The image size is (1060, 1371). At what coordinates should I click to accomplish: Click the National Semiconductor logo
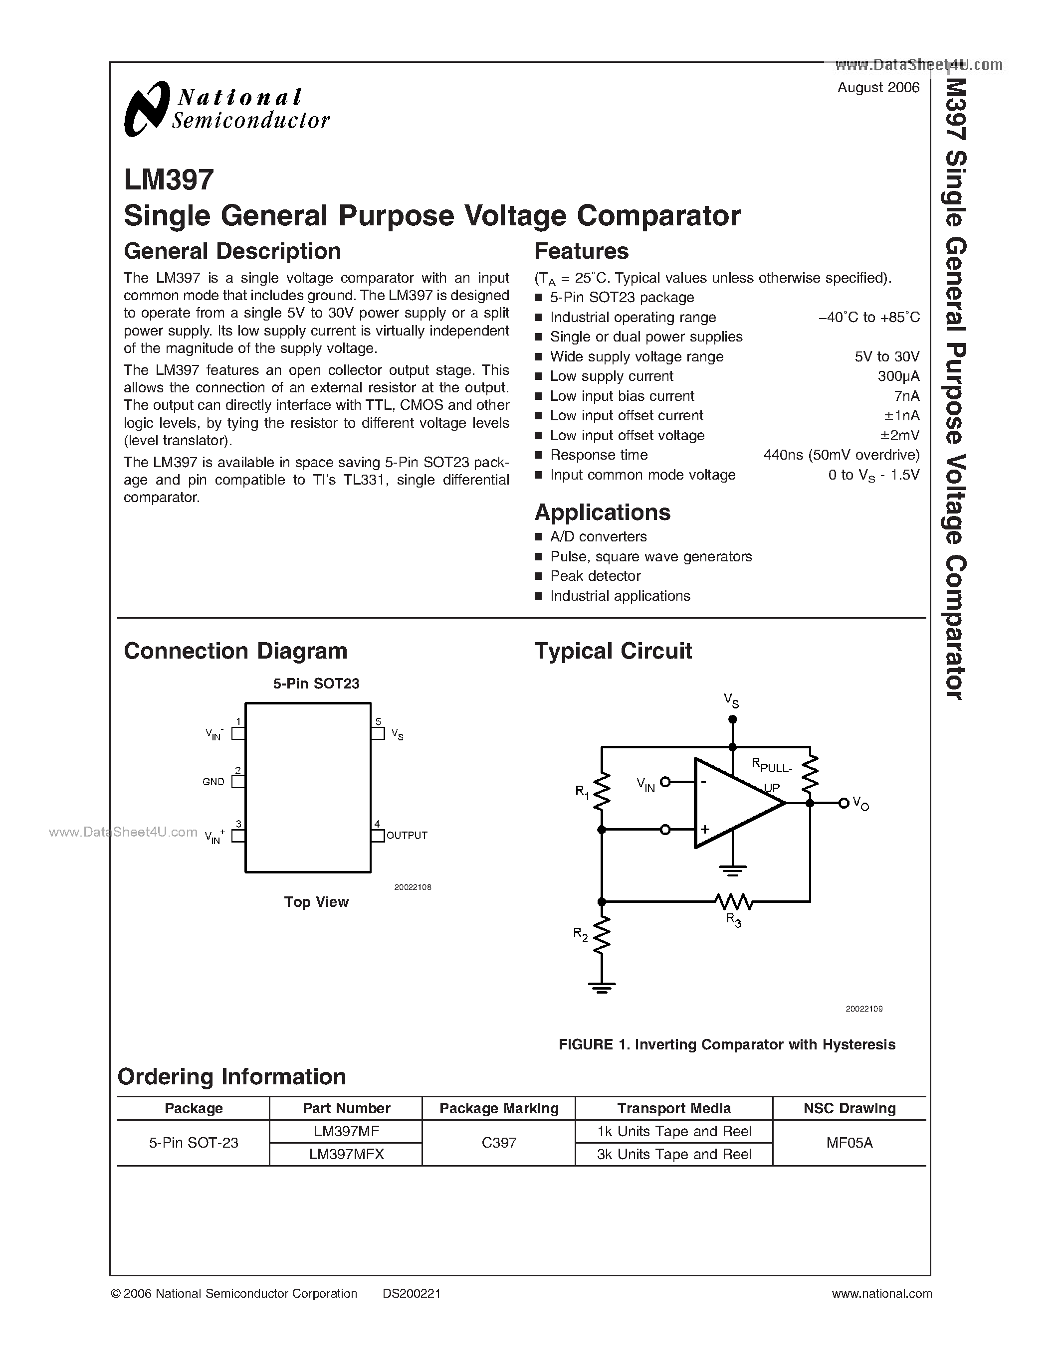click(226, 109)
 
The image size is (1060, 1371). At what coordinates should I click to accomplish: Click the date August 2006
click(878, 88)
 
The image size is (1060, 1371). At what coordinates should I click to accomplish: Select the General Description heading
click(232, 251)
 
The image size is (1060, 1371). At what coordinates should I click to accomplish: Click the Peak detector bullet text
click(595, 576)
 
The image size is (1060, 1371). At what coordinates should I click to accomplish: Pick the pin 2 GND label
click(213, 782)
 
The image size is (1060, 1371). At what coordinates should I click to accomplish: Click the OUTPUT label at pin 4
click(407, 836)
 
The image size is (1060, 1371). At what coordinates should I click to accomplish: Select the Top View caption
click(316, 902)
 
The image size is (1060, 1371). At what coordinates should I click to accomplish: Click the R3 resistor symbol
click(733, 901)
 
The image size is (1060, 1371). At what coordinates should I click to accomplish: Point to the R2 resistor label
click(580, 935)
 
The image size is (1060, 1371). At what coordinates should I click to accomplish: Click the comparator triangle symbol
click(735, 803)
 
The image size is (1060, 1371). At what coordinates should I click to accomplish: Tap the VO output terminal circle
click(844, 803)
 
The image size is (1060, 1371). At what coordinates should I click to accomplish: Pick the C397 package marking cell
click(499, 1143)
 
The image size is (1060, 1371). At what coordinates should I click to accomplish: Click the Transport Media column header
click(674, 1109)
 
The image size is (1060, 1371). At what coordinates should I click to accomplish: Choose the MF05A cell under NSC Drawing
click(849, 1143)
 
